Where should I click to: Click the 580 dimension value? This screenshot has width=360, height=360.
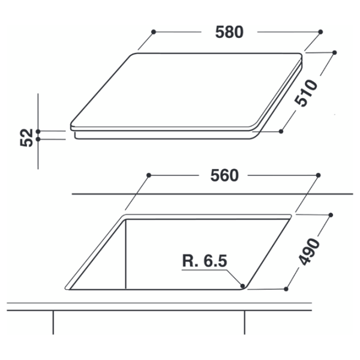tap(229, 32)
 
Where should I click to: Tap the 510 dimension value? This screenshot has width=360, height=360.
tap(306, 93)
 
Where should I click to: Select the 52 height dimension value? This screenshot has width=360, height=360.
tap(26, 137)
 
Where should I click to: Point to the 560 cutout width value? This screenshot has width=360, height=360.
tap(224, 175)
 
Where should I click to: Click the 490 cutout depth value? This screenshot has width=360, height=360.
tap(309, 252)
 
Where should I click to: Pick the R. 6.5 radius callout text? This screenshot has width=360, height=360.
tap(205, 260)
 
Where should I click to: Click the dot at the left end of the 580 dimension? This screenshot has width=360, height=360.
tap(154, 32)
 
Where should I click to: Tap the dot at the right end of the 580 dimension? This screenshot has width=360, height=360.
tap(321, 32)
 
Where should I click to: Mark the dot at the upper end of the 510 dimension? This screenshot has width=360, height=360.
tap(335, 53)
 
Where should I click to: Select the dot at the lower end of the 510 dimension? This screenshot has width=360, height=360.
tap(281, 131)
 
